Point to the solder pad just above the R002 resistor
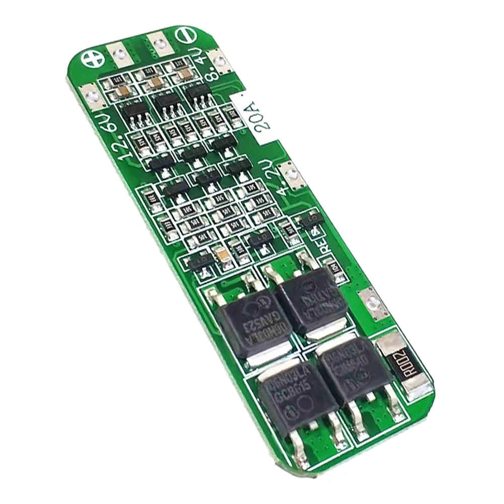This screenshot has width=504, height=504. (x=372, y=302)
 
